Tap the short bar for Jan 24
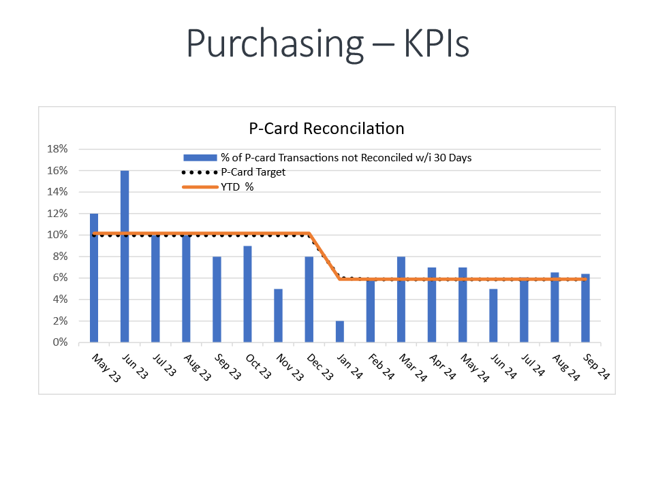[340, 331]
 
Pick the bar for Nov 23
[278, 316]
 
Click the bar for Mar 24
[401, 299]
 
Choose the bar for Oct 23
[247, 294]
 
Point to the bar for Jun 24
[493, 316]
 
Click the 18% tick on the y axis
[58, 149]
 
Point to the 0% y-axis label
[61, 342]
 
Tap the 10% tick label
[58, 235]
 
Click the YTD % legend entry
[237, 186]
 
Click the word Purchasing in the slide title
[275, 44]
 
